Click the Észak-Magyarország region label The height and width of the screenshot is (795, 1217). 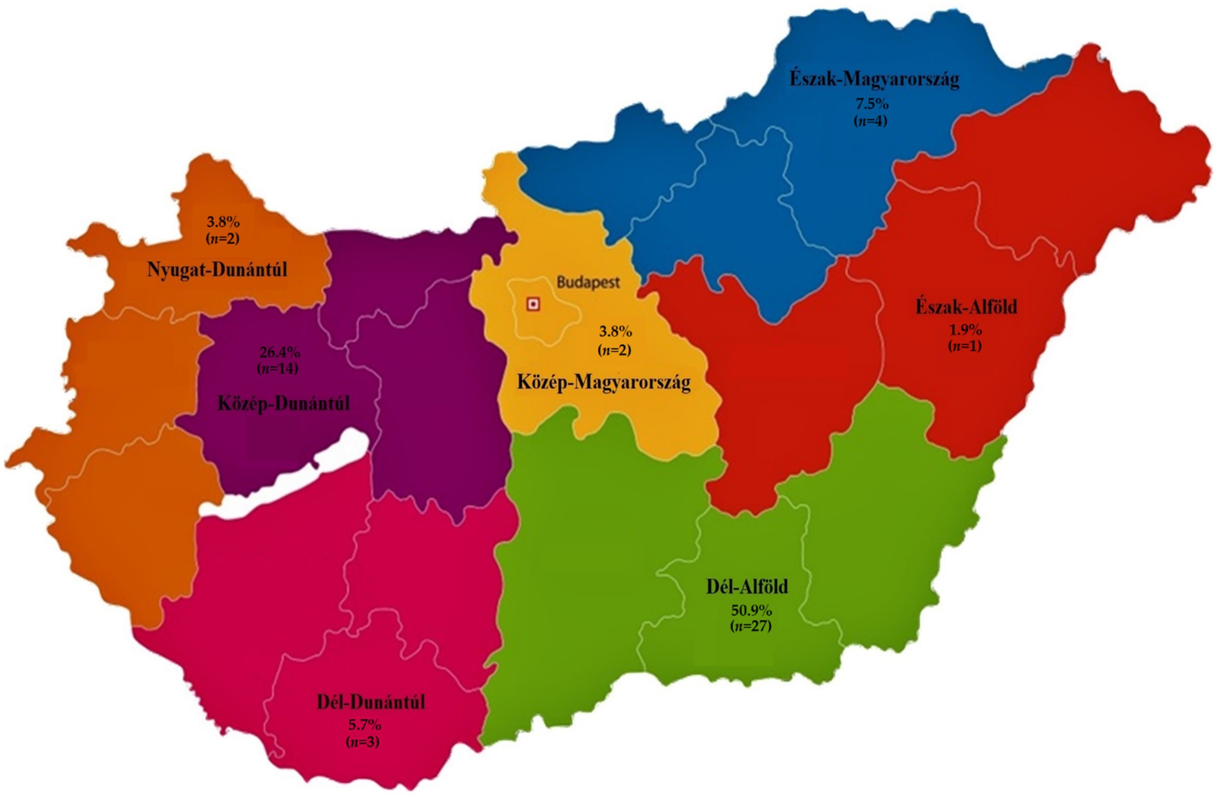(x=874, y=79)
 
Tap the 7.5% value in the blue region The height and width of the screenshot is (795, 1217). (x=871, y=104)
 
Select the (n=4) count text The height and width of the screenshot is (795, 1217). (x=871, y=120)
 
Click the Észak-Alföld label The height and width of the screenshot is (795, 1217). (x=966, y=307)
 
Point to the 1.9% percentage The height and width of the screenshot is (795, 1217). (x=965, y=330)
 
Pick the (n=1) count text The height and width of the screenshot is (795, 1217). (x=964, y=346)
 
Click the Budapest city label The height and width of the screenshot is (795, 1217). (x=587, y=283)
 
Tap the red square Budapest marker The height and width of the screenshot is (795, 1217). (x=532, y=304)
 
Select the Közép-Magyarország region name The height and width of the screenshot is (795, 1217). (x=603, y=382)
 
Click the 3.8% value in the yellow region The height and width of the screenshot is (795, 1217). (x=615, y=332)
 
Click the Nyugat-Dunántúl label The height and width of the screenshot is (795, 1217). (x=217, y=269)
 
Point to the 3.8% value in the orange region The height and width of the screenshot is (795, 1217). (x=223, y=222)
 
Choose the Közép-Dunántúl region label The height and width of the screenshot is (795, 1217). (x=283, y=404)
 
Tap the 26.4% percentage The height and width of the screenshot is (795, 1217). (x=279, y=352)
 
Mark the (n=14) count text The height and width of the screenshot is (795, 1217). (x=278, y=368)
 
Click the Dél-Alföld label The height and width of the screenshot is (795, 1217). (x=747, y=586)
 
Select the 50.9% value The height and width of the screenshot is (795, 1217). (x=751, y=610)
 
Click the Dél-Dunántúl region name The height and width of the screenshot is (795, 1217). (x=370, y=702)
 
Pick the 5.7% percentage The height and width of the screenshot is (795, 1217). (x=364, y=725)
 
